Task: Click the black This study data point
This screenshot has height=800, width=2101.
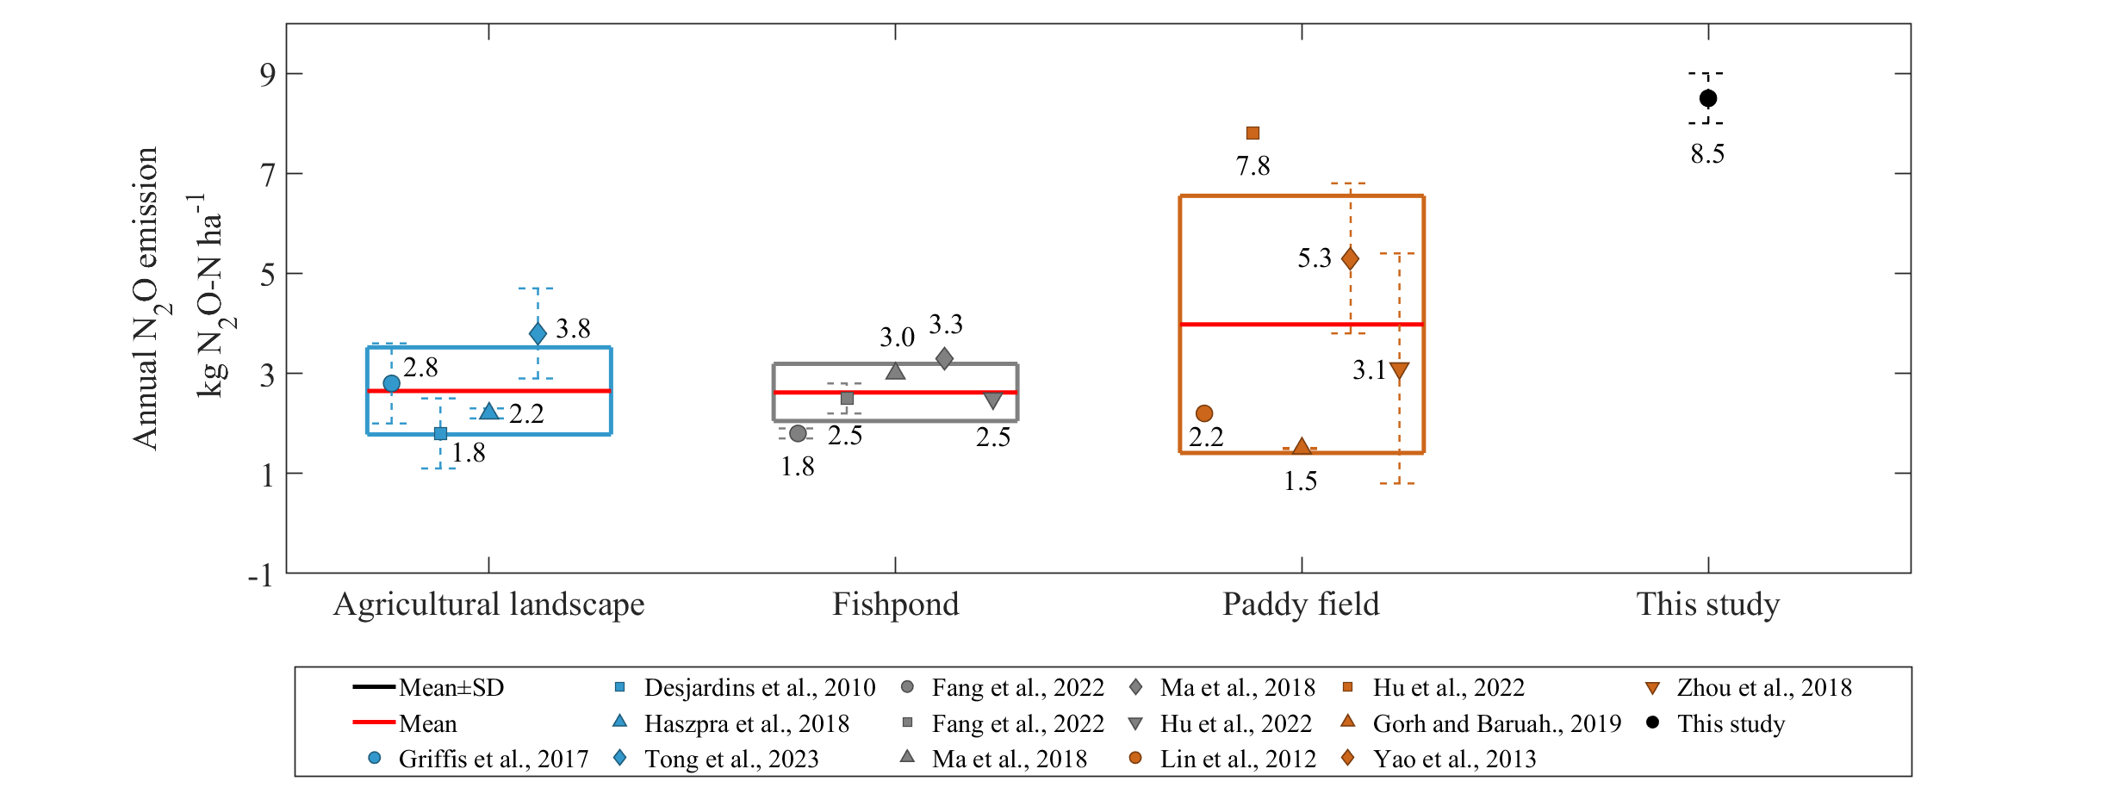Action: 1707,98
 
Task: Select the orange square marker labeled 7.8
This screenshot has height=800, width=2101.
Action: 1253,133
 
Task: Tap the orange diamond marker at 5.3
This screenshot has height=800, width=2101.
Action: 1350,258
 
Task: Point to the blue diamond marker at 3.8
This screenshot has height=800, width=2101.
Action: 538,333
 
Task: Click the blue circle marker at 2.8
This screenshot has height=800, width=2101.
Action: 391,383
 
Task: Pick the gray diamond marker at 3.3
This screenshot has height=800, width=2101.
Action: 944,358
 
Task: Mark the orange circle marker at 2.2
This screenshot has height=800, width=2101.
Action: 1204,413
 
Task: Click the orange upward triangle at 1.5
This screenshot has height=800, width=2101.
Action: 1302,446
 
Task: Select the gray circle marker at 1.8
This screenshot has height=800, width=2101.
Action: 798,433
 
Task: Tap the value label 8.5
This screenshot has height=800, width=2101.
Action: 1707,154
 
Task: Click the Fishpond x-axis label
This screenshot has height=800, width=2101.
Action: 895,605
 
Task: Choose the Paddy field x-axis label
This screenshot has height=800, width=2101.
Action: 1301,605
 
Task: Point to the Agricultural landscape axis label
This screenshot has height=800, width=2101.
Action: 488,605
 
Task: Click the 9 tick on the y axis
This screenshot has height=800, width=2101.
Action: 268,75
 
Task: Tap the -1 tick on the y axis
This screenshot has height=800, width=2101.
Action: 261,574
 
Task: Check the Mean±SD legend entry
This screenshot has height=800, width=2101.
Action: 428,687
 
